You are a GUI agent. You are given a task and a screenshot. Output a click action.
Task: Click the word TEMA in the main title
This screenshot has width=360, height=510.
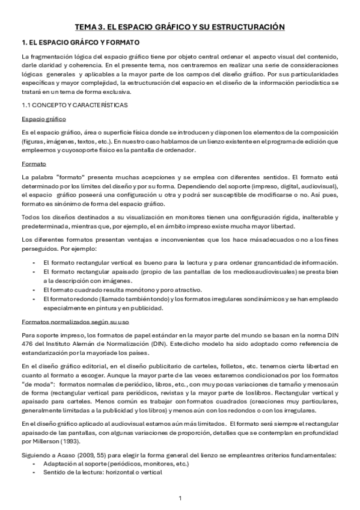[x=85, y=27]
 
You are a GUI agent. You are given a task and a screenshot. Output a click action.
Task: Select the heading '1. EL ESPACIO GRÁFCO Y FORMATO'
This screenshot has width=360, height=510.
[x=80, y=43]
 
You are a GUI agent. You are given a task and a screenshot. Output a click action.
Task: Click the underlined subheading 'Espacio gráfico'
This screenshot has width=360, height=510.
[x=44, y=118]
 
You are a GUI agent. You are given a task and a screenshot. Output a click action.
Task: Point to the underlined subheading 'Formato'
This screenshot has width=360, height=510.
[x=33, y=163]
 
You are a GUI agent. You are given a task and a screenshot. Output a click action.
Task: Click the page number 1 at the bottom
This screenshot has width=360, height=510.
[x=180, y=498]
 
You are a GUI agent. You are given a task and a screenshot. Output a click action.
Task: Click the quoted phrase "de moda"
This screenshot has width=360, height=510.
[x=35, y=383]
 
